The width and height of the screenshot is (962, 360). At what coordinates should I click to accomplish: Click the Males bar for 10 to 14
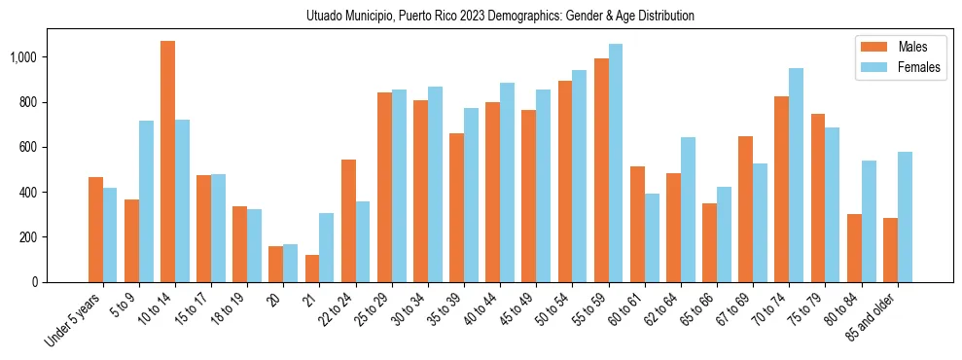click(168, 162)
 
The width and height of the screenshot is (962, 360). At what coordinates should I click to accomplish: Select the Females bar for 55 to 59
click(616, 162)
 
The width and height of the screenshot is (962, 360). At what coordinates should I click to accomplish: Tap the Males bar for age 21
click(312, 269)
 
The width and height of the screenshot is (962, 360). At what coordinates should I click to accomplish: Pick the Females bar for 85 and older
click(905, 217)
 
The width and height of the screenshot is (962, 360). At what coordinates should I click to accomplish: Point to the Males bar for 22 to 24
click(348, 221)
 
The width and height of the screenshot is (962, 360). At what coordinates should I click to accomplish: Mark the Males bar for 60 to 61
click(637, 224)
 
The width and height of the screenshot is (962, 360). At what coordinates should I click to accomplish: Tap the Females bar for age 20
click(290, 263)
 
